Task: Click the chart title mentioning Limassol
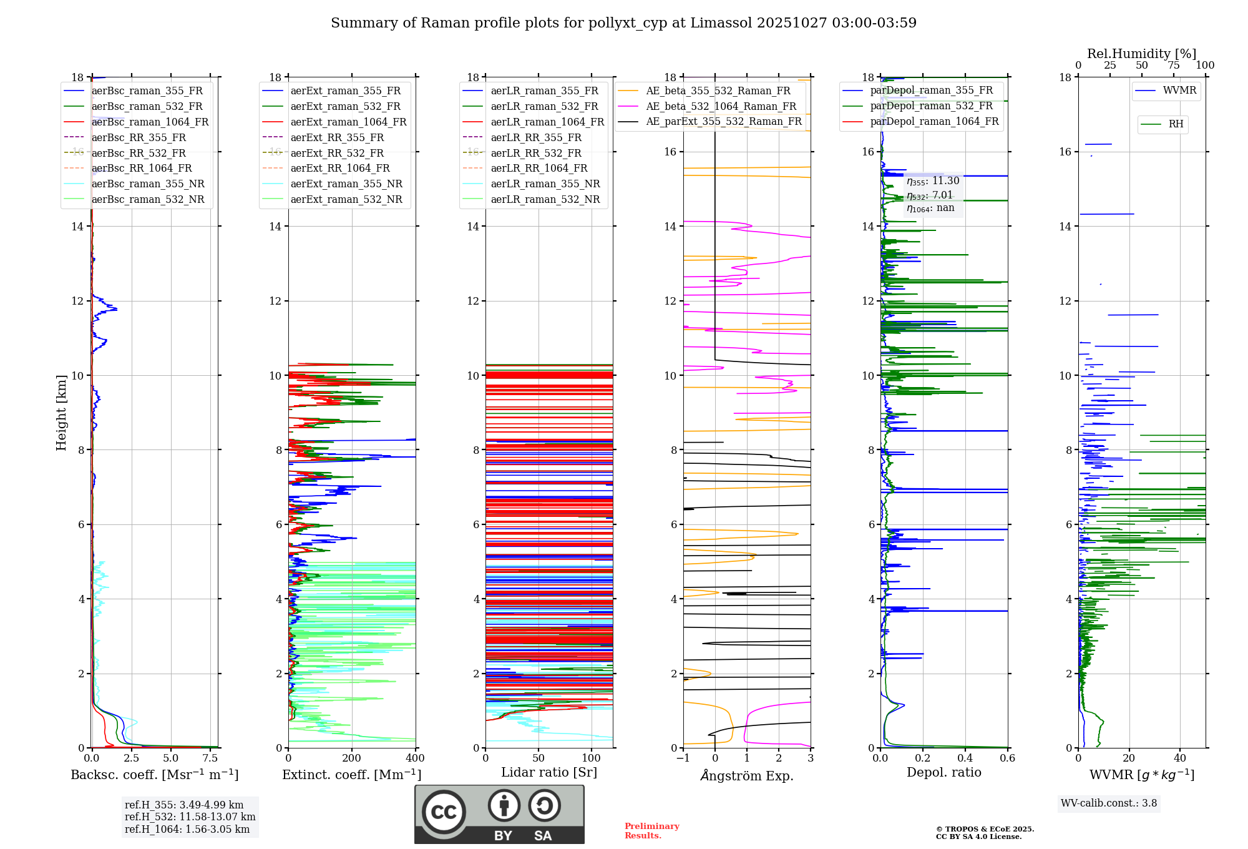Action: (x=623, y=23)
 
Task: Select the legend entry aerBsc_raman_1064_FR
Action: (x=150, y=122)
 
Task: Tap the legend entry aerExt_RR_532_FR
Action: (x=337, y=153)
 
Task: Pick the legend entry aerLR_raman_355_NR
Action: (x=545, y=184)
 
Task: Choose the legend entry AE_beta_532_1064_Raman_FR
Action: (x=721, y=106)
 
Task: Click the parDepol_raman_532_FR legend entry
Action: (x=931, y=106)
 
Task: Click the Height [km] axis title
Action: (x=61, y=412)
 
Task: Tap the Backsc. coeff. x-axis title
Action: (x=154, y=775)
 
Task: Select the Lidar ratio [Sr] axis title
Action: (x=548, y=772)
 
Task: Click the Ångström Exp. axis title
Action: (x=747, y=775)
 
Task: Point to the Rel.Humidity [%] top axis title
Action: (x=1141, y=54)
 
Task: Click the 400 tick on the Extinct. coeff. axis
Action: (x=415, y=758)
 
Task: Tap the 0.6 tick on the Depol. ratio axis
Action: (x=1007, y=758)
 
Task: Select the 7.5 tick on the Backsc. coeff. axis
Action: (x=210, y=758)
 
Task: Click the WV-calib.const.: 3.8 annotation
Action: (x=1108, y=803)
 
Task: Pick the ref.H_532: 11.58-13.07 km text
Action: (x=190, y=817)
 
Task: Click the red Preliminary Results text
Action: (x=651, y=830)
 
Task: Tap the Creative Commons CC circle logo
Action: (x=444, y=812)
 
